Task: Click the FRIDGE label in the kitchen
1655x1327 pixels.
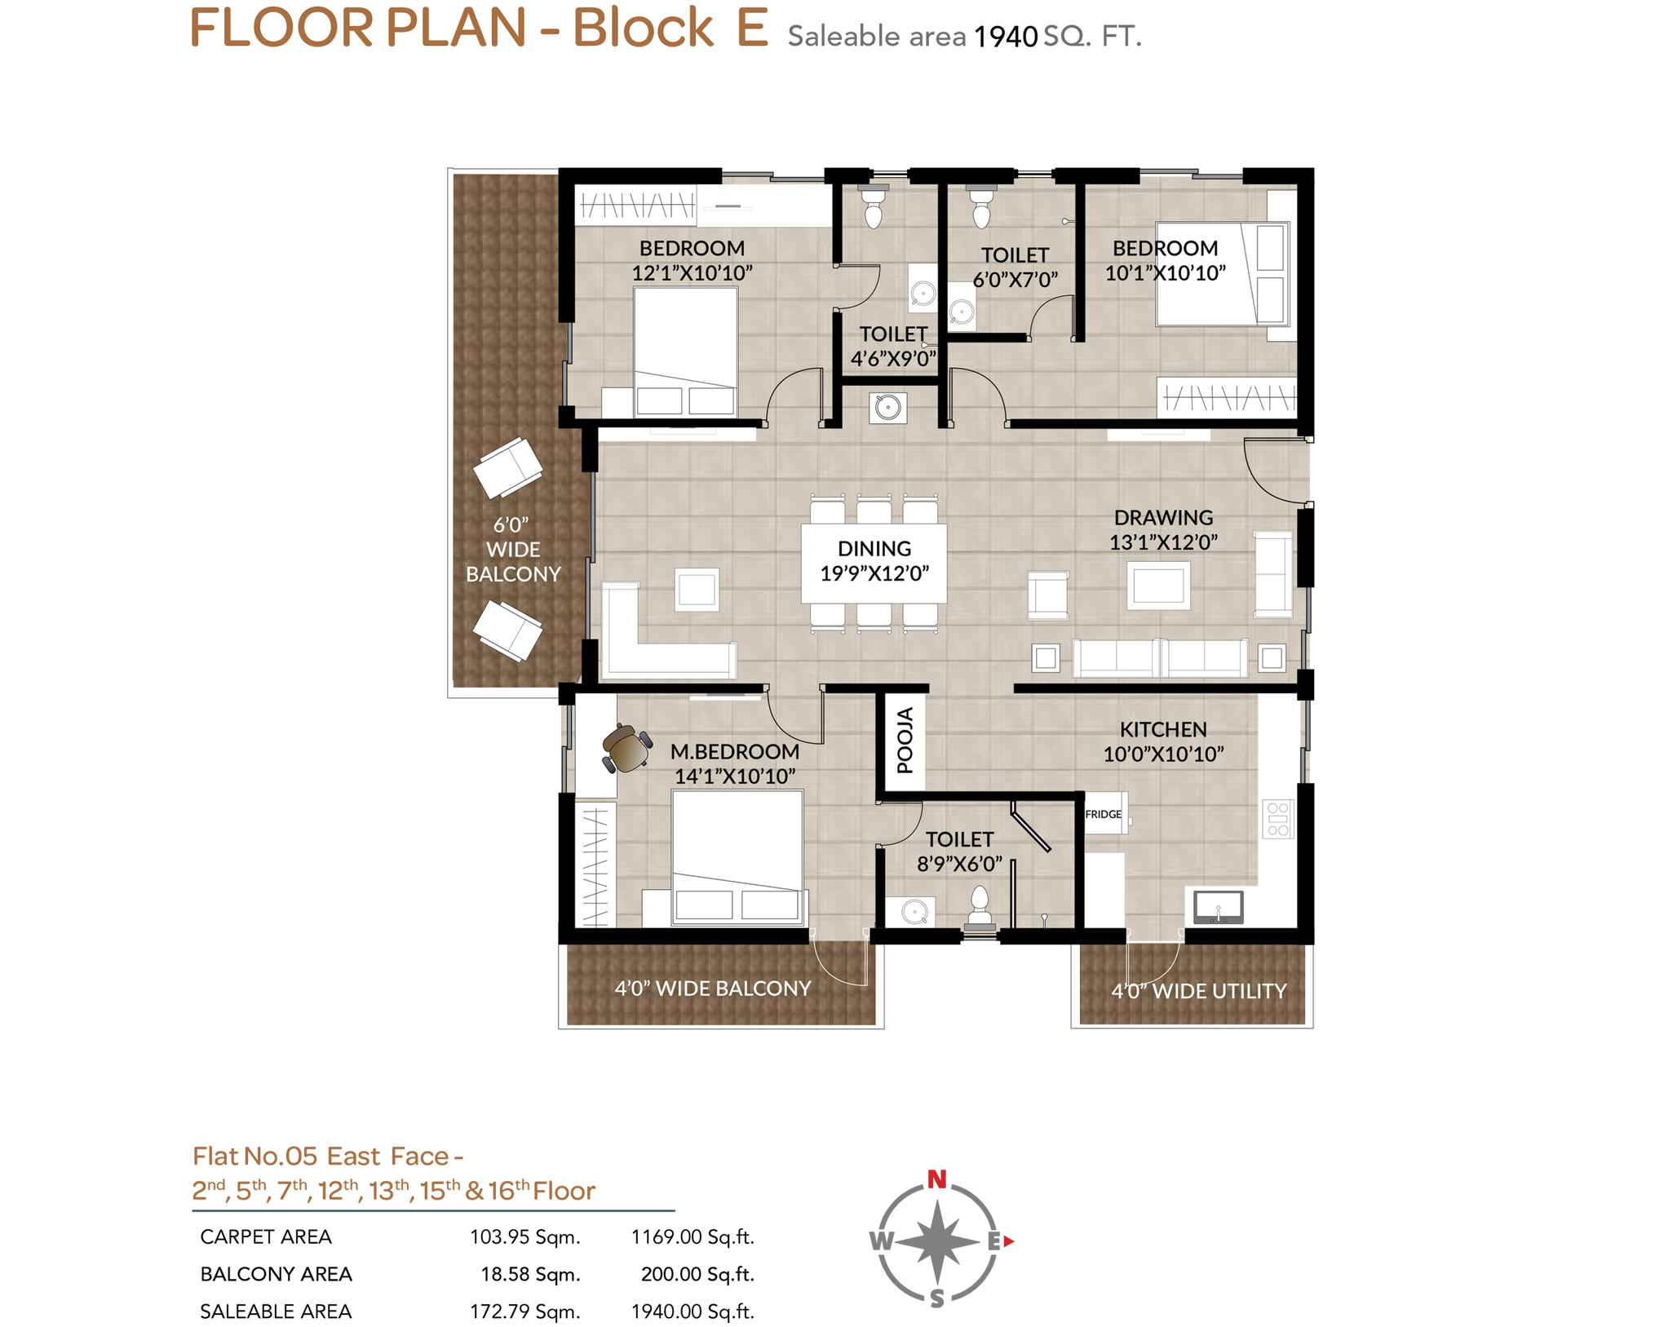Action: (1103, 814)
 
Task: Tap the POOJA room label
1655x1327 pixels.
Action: (905, 741)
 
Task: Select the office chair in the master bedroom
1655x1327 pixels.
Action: (626, 748)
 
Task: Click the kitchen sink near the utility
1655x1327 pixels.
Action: (1218, 907)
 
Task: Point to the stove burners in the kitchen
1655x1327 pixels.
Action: (1277, 819)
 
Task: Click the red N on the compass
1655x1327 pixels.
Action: (936, 1179)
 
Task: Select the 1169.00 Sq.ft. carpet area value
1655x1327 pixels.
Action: (693, 1237)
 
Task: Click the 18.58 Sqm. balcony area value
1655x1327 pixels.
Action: (530, 1275)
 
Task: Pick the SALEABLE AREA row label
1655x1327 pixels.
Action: (276, 1312)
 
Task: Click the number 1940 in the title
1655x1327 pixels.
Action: (1006, 37)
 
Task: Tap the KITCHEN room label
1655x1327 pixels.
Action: (1162, 729)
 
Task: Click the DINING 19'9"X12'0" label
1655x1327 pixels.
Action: (874, 561)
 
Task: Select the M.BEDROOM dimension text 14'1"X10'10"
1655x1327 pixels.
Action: (735, 776)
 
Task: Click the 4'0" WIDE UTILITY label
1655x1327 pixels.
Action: (1198, 991)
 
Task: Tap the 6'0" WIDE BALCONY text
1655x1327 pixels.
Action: (513, 550)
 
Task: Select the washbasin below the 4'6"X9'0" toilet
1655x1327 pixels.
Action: (887, 406)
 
